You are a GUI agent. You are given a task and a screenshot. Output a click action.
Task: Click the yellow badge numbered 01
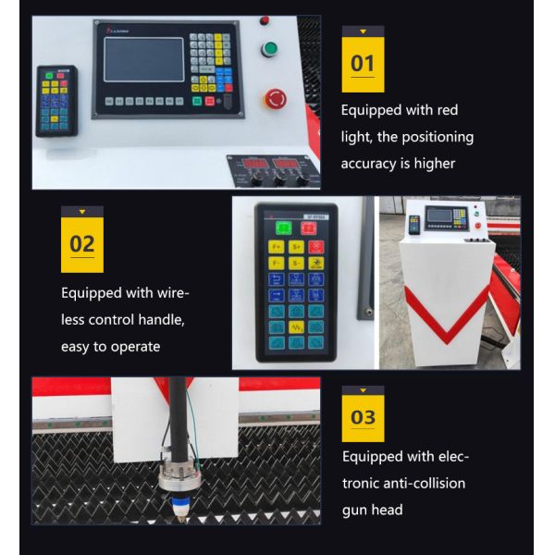(363, 64)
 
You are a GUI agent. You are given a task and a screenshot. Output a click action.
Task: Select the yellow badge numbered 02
(82, 244)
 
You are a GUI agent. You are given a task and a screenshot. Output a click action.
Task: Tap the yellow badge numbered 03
(363, 415)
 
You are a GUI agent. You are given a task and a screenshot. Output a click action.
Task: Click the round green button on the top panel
(269, 49)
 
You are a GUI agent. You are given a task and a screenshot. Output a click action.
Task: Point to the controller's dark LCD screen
(143, 60)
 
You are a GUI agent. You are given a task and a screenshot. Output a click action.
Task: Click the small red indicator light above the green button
(265, 20)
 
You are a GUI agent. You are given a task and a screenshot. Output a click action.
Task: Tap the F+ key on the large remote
(276, 247)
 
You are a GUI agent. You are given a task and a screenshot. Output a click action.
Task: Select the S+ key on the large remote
(296, 247)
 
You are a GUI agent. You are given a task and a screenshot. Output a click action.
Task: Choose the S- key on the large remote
(296, 263)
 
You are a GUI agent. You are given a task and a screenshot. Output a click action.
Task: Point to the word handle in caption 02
(154, 320)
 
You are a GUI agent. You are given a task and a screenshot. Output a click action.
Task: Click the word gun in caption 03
(355, 510)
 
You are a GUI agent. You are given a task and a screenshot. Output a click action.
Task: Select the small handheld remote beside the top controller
(55, 100)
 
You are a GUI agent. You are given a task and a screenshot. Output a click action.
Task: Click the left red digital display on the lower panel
(254, 164)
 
